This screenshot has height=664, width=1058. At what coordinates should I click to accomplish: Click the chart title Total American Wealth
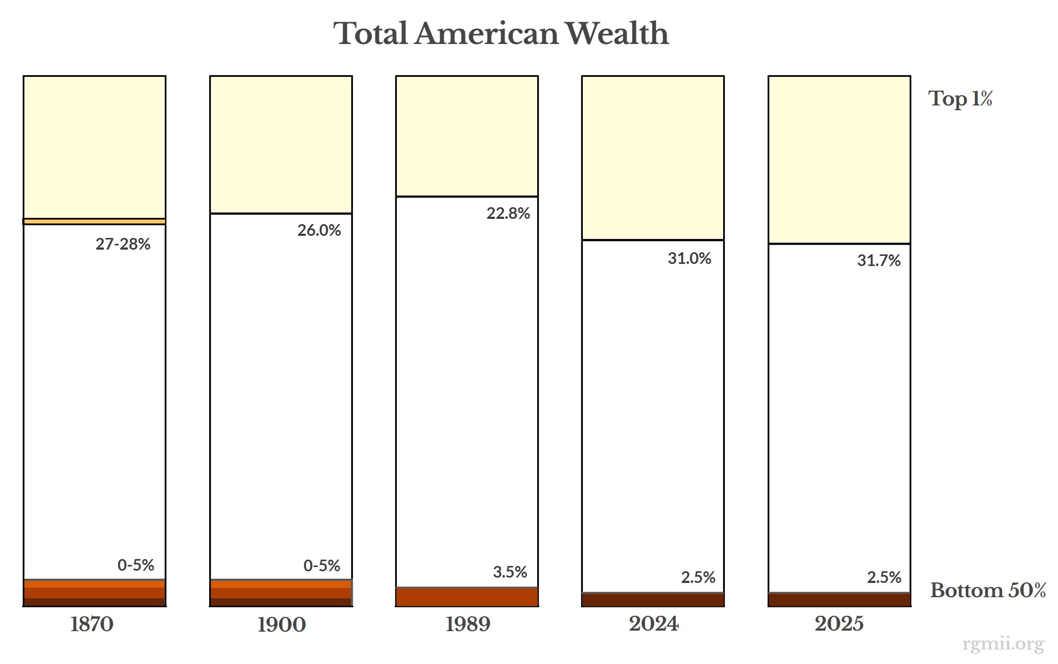(x=501, y=33)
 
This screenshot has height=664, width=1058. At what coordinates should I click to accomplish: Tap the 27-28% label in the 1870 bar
(x=123, y=244)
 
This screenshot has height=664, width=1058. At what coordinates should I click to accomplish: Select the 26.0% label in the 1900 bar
(x=319, y=230)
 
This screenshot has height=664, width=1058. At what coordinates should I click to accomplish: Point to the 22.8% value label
(x=508, y=213)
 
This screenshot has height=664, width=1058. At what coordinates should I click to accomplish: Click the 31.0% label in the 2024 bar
(x=689, y=258)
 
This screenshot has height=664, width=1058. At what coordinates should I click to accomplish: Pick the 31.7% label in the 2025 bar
(x=878, y=260)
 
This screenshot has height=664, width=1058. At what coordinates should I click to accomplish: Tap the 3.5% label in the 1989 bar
(x=510, y=572)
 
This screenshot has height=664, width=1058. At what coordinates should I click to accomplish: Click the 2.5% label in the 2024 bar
(x=698, y=577)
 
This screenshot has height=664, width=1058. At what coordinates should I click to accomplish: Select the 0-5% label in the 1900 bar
(x=322, y=565)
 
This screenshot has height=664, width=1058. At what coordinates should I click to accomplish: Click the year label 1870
(x=92, y=624)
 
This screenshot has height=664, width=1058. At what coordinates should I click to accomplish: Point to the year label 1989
(x=467, y=624)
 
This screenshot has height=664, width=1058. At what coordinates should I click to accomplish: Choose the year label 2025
(x=839, y=624)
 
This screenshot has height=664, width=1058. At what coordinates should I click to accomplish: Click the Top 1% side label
(x=960, y=99)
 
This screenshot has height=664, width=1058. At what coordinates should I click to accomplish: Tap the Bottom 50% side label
(x=988, y=590)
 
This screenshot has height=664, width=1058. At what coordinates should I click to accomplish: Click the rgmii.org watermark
(x=1003, y=644)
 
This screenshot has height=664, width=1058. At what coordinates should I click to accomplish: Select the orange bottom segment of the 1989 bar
(x=467, y=597)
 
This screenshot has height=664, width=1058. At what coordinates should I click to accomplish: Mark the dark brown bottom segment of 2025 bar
(x=839, y=600)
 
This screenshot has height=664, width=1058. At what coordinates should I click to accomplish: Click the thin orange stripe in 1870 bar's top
(x=94, y=221)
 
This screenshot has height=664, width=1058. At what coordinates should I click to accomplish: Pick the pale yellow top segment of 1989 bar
(x=467, y=136)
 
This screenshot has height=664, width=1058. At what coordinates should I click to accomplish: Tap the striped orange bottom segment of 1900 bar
(x=281, y=592)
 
